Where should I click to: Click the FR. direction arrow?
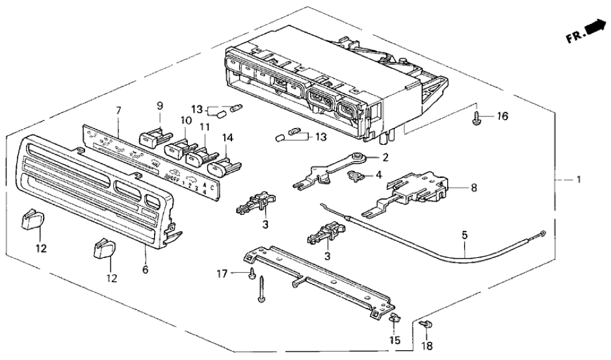tap(591, 28)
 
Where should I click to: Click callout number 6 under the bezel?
tap(145, 268)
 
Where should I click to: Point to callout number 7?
tap(118, 112)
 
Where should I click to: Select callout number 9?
tap(159, 105)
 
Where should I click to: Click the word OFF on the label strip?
tap(174, 176)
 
